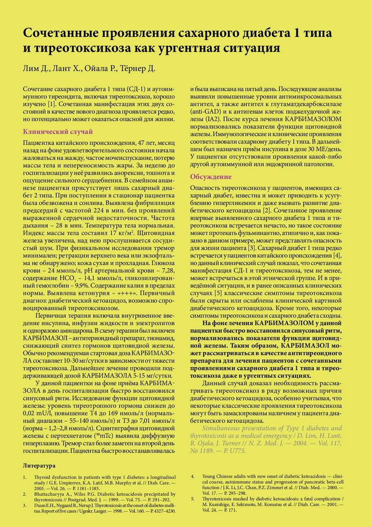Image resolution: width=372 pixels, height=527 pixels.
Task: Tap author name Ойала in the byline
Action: point(97,68)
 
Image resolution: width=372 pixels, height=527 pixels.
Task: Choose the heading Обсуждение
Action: point(211,177)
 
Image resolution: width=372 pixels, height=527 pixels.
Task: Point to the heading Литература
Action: point(39,466)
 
